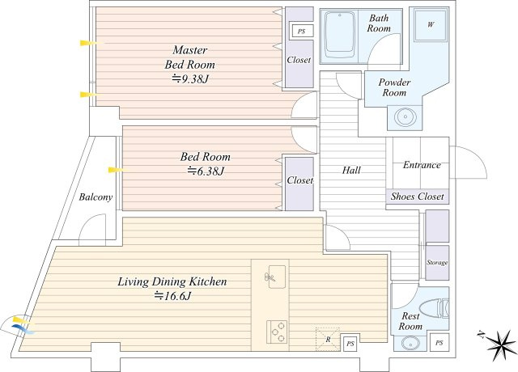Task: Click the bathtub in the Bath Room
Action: coord(339,36)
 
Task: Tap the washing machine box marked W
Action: coord(431,25)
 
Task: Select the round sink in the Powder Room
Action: coord(405,117)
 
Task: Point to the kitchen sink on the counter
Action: coord(277,277)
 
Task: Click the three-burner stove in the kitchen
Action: coord(277,332)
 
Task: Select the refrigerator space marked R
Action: coord(328,339)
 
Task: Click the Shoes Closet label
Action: coord(418,197)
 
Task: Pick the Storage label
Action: coord(437,263)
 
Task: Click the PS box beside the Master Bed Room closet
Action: coord(301,32)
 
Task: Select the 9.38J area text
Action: coord(191,79)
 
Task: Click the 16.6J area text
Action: coord(172,296)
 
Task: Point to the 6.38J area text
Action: coord(206,171)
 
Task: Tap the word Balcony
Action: coord(96,197)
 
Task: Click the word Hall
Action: coord(351,171)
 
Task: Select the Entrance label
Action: coord(422,165)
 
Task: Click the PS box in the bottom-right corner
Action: coord(439,343)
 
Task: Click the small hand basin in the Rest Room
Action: coord(409,343)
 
